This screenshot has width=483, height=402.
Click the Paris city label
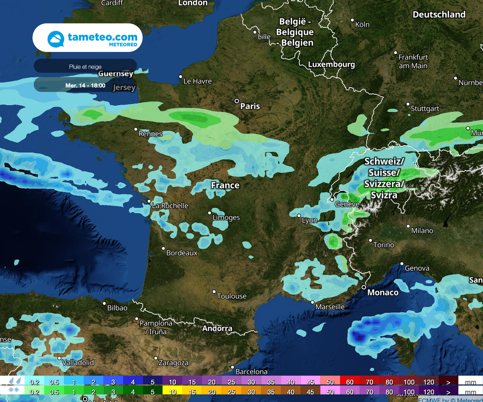[250, 106]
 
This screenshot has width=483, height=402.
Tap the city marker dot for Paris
[237, 101]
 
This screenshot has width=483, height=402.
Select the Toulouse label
[232, 296]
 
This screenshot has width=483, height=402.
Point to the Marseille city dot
[312, 302]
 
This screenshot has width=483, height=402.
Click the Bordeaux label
[182, 253]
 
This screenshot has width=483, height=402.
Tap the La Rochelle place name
[170, 206]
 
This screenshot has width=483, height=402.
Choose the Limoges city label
[226, 218]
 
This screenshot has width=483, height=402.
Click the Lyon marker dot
[299, 216]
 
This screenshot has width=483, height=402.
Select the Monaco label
[383, 293]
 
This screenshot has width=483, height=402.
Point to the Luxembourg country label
[331, 64]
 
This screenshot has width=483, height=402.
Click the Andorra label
[217, 328]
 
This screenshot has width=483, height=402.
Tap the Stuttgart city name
[425, 109]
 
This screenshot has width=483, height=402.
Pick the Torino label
[383, 245]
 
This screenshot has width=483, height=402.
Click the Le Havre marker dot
[180, 76]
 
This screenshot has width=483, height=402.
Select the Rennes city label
[150, 134]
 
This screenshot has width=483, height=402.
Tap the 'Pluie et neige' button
[85, 67]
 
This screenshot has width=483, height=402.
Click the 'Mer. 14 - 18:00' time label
[85, 85]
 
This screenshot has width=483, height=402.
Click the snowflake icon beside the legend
[14, 392]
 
